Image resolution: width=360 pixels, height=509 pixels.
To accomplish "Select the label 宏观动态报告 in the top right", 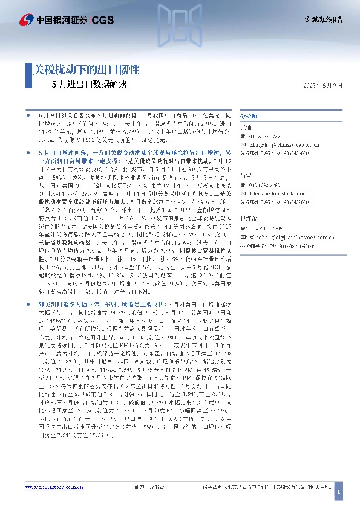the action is tap(323, 19).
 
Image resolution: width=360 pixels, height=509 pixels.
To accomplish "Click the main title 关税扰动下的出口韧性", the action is tap(85, 69).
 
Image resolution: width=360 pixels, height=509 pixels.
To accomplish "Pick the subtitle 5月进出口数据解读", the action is tap(90, 84).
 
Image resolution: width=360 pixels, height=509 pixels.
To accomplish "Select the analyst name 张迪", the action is tap(246, 127).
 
